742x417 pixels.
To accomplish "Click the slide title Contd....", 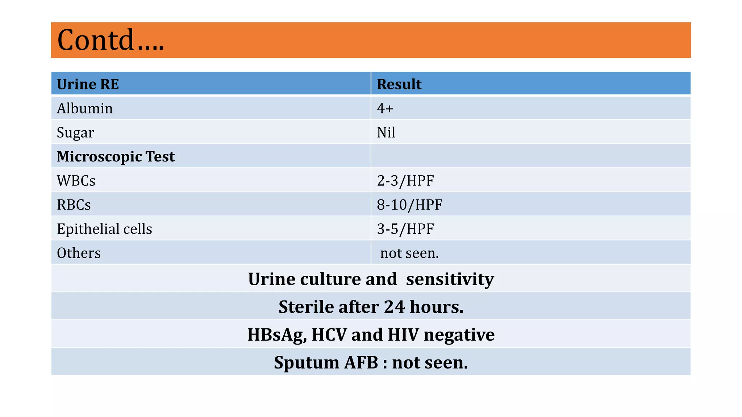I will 110,40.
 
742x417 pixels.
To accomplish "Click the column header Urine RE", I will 88,84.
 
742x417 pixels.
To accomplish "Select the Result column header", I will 399,84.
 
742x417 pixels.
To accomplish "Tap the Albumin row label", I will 85,109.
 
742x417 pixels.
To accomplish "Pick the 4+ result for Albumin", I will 385,109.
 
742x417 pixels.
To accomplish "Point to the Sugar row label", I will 75,133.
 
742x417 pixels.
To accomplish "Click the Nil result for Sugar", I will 386,132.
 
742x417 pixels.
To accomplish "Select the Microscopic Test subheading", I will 116,157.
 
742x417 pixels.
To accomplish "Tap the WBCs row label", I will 76,181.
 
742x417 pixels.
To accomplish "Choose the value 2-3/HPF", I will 405,181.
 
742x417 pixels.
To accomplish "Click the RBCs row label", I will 74,205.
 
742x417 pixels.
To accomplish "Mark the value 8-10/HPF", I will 409,205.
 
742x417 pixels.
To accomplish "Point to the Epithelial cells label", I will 104,229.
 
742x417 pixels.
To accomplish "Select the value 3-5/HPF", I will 405,229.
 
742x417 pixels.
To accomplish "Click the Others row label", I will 79,253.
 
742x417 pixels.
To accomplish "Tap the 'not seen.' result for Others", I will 409,253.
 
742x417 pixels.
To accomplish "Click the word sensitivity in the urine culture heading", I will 450,279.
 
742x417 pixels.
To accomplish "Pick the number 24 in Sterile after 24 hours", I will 394,307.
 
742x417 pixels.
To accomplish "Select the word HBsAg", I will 277,335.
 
